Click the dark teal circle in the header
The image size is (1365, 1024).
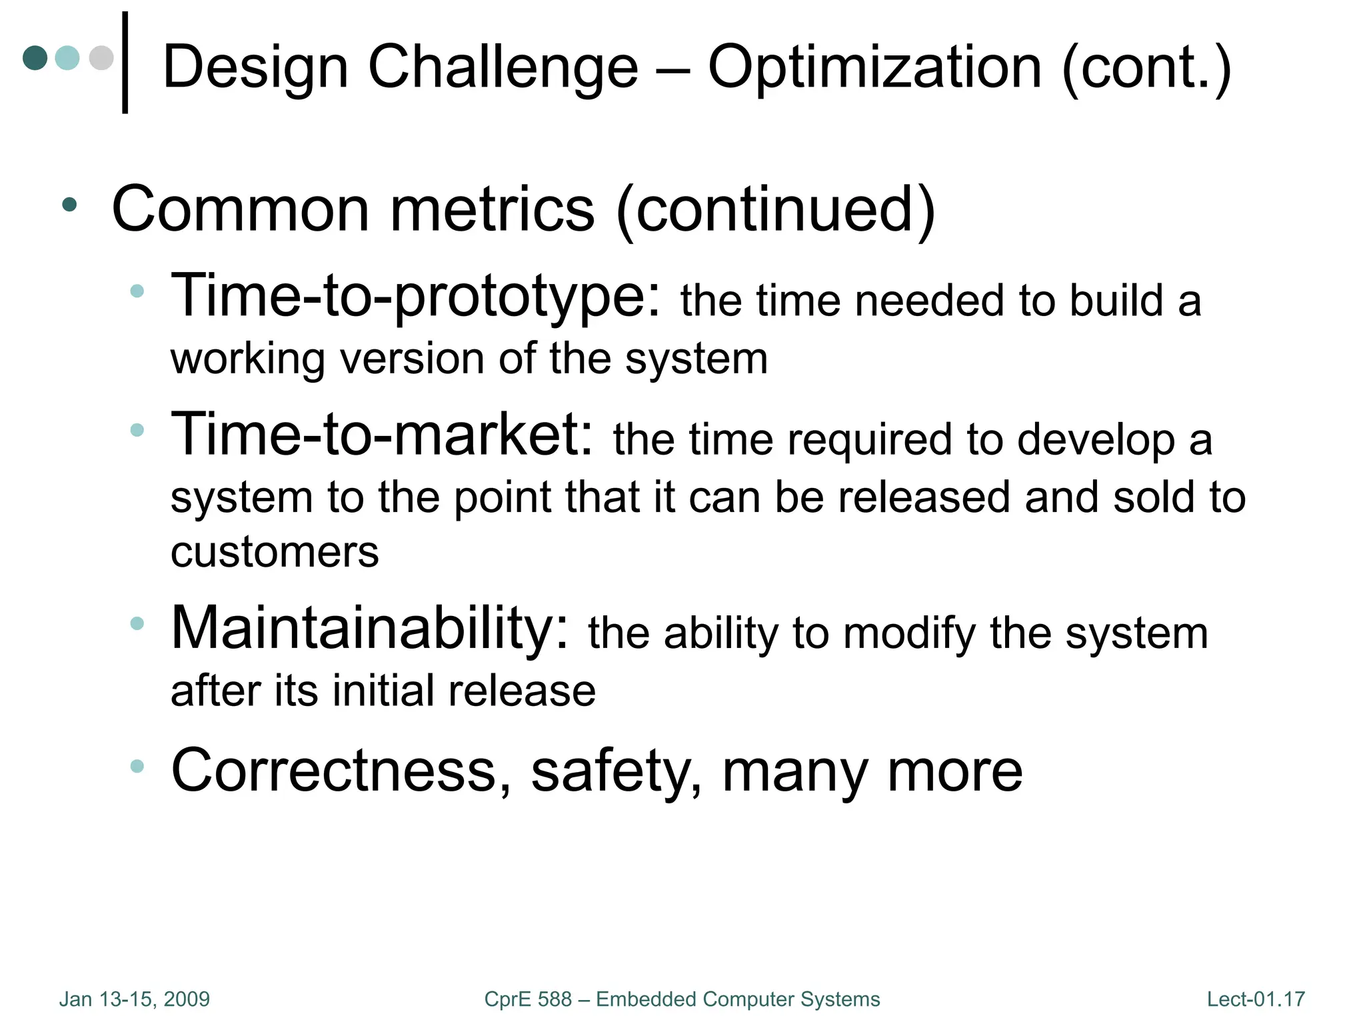coord(35,57)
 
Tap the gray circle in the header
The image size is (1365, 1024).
coord(101,57)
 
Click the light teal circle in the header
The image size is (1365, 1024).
coord(67,57)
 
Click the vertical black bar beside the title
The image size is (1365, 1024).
coord(125,63)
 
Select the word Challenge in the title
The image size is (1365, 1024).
coord(503,67)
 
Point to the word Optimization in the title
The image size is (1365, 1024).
coord(874,67)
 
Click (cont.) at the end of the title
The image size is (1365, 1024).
coord(1146,67)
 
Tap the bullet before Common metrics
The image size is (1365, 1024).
coord(69,205)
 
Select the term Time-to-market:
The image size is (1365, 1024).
coord(382,434)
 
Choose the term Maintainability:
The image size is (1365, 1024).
coord(371,628)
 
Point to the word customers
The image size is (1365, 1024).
coord(275,552)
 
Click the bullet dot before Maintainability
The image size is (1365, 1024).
coord(137,623)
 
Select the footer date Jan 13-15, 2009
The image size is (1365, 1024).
coord(135,999)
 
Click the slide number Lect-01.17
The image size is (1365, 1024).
coord(1256,999)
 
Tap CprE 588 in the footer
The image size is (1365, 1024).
coord(528,999)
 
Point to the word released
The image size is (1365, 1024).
coord(925,497)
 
